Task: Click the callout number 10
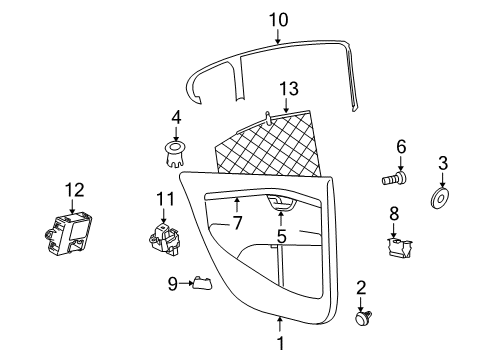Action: (x=279, y=20)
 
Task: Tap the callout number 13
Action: (x=289, y=89)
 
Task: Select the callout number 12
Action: (x=75, y=190)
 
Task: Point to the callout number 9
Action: (x=172, y=284)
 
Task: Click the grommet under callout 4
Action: (x=175, y=154)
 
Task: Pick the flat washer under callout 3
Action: (x=440, y=199)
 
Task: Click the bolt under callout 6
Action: (x=394, y=178)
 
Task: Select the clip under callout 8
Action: (x=399, y=248)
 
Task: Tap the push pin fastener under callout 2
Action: (x=363, y=317)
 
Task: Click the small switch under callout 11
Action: (x=164, y=239)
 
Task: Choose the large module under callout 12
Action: (x=68, y=234)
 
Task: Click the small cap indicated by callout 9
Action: (x=203, y=283)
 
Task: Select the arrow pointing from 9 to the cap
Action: (x=186, y=283)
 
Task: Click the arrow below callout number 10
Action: (x=278, y=37)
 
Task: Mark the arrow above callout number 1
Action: (x=280, y=324)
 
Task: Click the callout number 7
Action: (x=237, y=223)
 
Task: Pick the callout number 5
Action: (x=282, y=236)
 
